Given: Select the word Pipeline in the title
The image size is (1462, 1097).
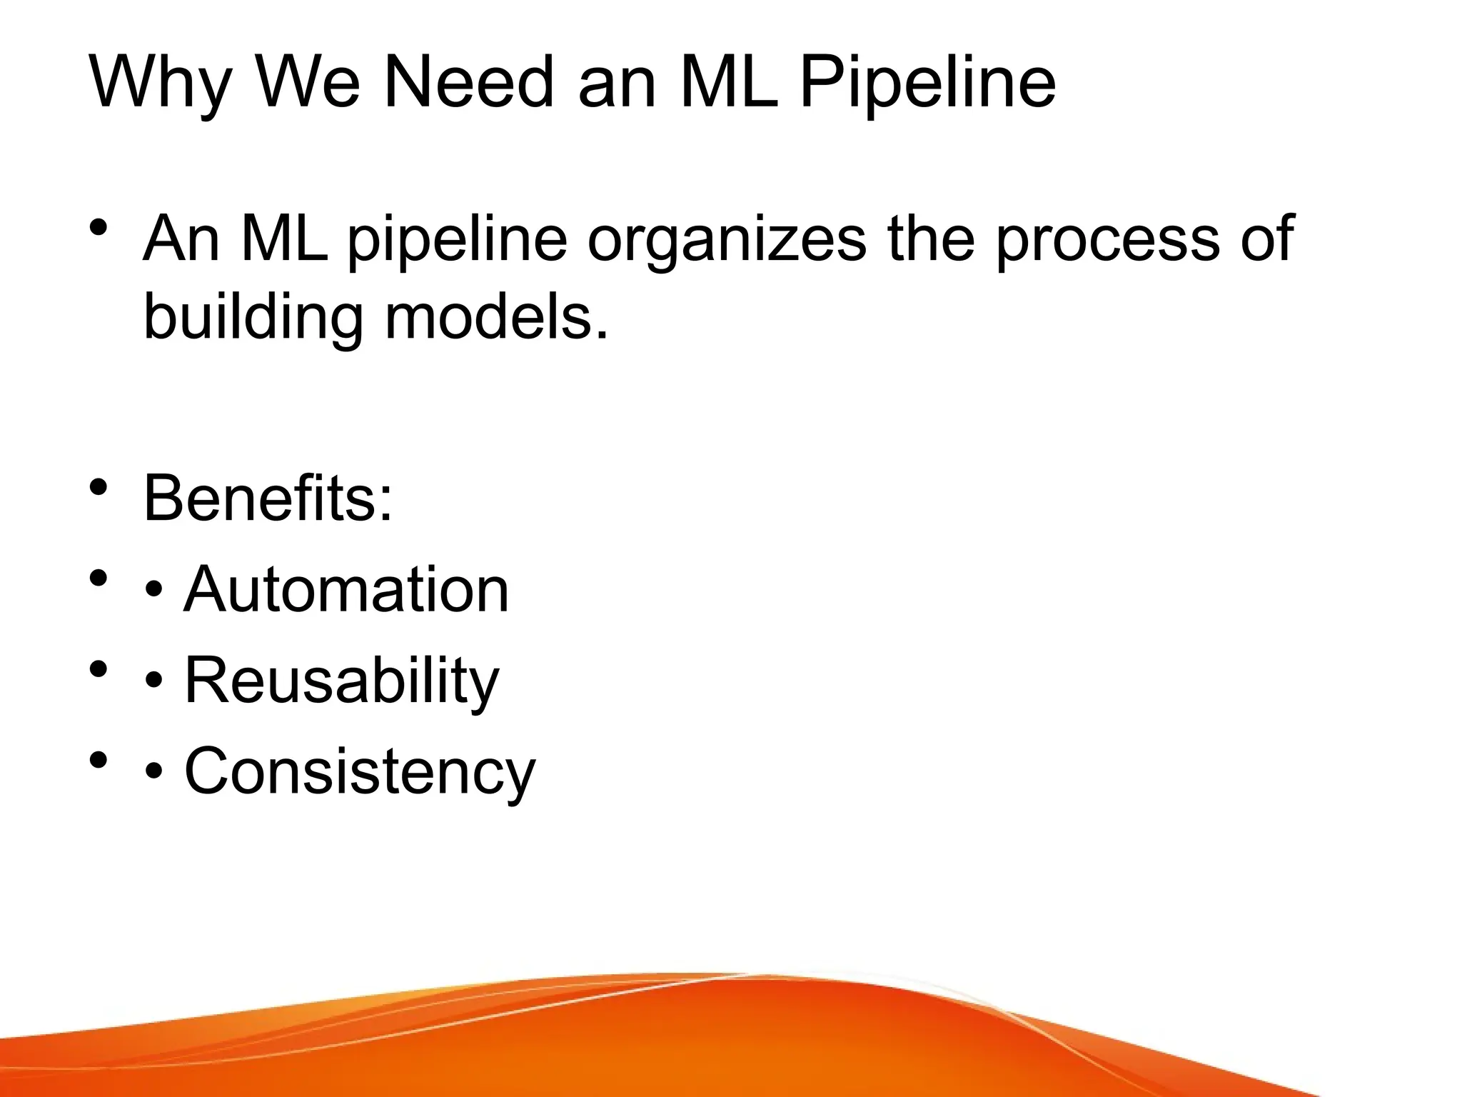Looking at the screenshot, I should (927, 84).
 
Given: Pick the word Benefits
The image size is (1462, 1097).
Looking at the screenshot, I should (268, 498).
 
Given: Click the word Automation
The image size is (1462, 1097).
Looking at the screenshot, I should (346, 589).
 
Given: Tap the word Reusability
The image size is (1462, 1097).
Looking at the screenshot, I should (342, 681).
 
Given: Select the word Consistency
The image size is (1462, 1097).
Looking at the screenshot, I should (360, 771).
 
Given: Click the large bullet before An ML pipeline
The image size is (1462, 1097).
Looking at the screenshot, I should (99, 229).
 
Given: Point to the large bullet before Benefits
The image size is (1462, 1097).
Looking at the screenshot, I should (99, 488).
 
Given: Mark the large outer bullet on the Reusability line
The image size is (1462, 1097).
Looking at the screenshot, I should (99, 669).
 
